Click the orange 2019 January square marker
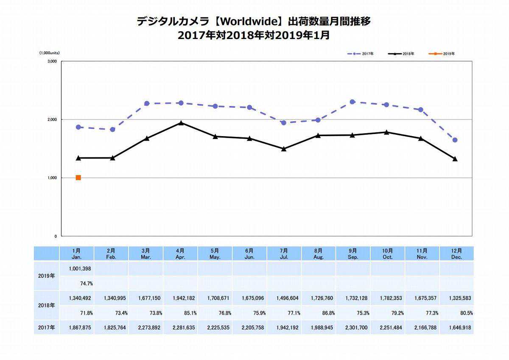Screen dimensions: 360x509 point(78,178)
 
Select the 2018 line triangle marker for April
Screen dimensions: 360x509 point(181,123)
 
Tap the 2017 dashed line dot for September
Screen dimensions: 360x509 point(352,102)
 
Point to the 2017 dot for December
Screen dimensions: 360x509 point(455,140)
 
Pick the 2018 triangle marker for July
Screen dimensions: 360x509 point(284,149)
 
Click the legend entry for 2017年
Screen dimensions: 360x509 point(360,54)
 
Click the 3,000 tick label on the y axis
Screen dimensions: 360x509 point(52,61)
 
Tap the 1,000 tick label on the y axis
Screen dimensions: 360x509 point(52,178)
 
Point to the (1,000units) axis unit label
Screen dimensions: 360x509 point(50,53)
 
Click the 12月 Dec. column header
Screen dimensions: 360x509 point(456,254)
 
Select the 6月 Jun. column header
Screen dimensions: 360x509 point(249,254)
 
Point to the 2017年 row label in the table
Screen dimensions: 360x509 point(46,328)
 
